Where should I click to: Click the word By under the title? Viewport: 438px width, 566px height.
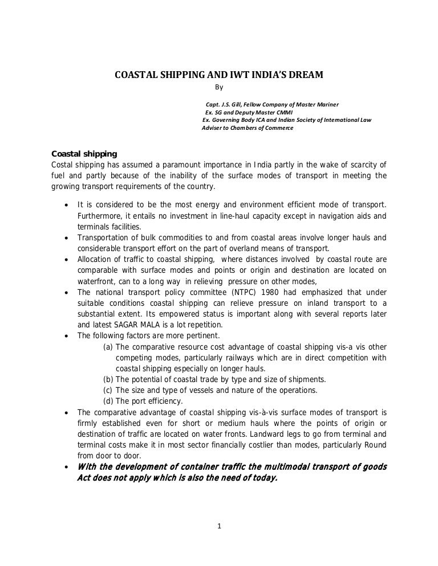click(218, 88)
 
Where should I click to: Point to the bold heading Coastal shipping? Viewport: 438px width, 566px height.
click(84, 154)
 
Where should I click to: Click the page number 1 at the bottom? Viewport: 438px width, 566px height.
click(219, 526)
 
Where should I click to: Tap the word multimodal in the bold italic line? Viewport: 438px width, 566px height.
click(267, 467)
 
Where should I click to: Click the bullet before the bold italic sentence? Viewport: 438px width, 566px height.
click(68, 467)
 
